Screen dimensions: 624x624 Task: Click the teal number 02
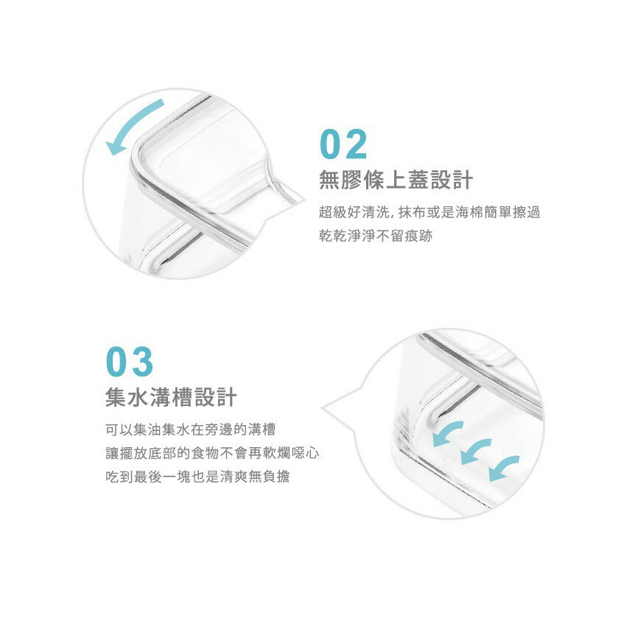coord(343,144)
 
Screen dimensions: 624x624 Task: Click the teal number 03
coord(130,361)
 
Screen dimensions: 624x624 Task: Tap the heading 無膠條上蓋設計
coord(396,180)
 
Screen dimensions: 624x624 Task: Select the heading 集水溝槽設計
coord(171,397)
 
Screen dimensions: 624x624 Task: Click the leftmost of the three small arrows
coord(446,433)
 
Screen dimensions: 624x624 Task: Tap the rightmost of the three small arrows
coord(502,468)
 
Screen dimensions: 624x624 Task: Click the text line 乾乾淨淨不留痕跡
coord(376,236)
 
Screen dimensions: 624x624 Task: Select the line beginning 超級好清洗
coord(430,212)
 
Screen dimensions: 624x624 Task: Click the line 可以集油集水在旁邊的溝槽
coord(191,430)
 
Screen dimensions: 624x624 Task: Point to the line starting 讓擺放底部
coord(212,453)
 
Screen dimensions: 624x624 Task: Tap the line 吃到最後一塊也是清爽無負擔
coord(197,477)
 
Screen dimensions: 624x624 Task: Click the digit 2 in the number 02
coord(355,144)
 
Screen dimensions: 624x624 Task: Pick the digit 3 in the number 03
coord(142,361)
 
